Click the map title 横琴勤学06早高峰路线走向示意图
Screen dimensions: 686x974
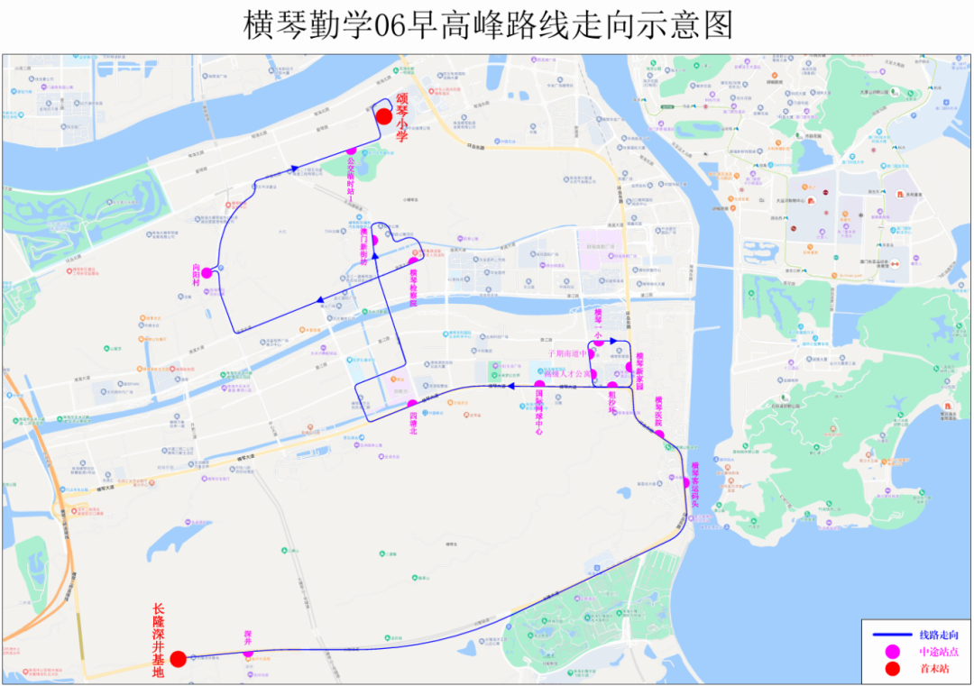[x=488, y=25]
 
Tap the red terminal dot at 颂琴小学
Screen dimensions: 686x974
[x=384, y=116]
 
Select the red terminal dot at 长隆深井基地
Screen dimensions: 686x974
[x=179, y=659]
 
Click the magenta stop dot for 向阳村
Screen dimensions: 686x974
[x=207, y=272]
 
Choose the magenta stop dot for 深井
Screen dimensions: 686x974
[x=248, y=654]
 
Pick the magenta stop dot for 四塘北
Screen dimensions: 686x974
[x=412, y=404]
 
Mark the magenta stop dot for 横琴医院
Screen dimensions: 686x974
[x=659, y=435]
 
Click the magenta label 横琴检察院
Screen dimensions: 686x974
[x=414, y=288]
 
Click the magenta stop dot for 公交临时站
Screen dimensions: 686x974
[x=352, y=151]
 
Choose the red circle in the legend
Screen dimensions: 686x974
[x=892, y=668]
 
